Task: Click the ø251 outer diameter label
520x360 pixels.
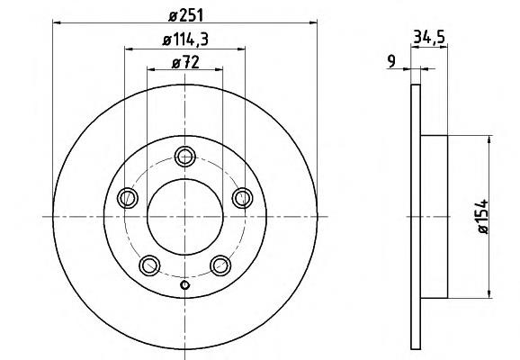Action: [x=185, y=15]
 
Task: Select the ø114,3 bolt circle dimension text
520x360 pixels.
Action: [x=185, y=40]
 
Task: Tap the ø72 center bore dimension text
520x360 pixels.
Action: [x=185, y=62]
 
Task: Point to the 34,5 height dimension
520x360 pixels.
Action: [x=429, y=37]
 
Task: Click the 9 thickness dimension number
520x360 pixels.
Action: [x=391, y=61]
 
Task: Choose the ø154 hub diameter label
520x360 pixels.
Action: [x=483, y=216]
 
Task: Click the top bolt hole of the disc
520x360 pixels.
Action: [x=185, y=157]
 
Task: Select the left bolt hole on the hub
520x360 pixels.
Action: [x=128, y=198]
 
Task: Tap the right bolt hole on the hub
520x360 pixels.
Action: [x=242, y=198]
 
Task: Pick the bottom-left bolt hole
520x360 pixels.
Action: [x=149, y=265]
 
